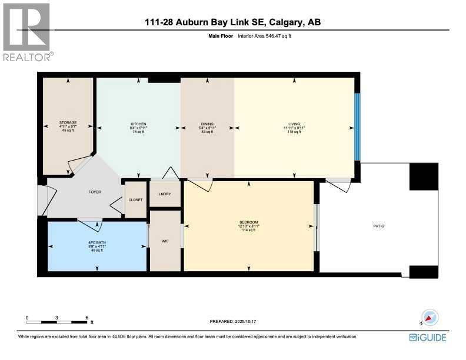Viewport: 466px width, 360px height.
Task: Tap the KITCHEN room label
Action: click(x=138, y=124)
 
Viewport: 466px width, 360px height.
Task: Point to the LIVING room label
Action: click(x=294, y=124)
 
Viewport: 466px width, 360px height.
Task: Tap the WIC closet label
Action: click(x=165, y=241)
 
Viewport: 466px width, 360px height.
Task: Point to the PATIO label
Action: click(x=378, y=226)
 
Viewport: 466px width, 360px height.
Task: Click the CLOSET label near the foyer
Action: click(x=135, y=200)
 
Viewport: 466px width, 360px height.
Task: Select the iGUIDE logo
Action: click(x=428, y=337)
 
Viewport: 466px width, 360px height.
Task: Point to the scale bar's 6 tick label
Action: click(x=86, y=317)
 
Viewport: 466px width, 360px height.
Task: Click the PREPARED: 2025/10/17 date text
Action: click(x=233, y=321)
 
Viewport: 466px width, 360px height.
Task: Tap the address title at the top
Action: click(x=233, y=22)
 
